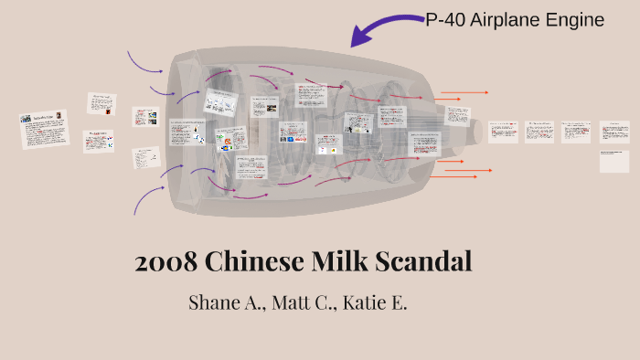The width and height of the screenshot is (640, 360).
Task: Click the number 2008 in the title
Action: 165,261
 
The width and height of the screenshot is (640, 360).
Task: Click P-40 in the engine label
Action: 446,20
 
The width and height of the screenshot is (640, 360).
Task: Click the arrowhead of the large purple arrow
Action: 358,37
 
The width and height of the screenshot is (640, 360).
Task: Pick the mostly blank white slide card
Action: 614,162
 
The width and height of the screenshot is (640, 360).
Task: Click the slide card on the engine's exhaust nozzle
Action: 456,115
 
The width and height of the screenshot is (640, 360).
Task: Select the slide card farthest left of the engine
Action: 44,127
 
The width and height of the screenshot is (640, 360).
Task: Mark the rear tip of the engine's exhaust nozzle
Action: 481,133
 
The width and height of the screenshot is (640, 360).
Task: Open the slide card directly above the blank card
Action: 614,132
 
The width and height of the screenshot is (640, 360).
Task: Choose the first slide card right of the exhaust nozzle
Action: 503,132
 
